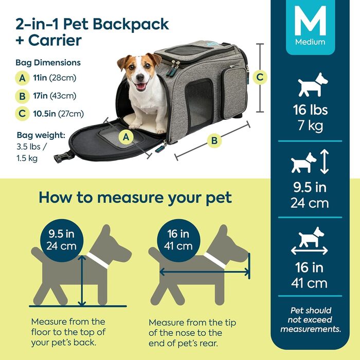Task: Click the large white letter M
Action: tap(310, 21)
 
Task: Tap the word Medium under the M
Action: tap(310, 42)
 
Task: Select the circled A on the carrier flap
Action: tap(126, 137)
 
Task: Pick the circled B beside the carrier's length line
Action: tap(214, 140)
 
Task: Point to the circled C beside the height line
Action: tap(260, 77)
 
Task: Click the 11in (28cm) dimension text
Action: tap(55, 78)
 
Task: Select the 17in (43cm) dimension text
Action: tap(55, 96)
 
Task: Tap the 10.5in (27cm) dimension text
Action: tap(58, 114)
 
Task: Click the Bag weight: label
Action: tap(41, 135)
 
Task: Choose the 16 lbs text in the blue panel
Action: tap(310, 110)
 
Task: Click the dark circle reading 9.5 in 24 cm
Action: tap(62, 240)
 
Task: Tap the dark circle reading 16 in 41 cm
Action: tap(178, 240)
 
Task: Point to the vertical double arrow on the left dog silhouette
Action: tap(82, 281)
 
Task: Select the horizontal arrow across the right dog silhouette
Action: tap(204, 272)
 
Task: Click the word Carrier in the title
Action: tap(55, 41)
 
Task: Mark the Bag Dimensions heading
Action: tap(48, 63)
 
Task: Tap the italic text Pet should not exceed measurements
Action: tap(311, 320)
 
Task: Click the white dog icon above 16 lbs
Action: tap(313, 85)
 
